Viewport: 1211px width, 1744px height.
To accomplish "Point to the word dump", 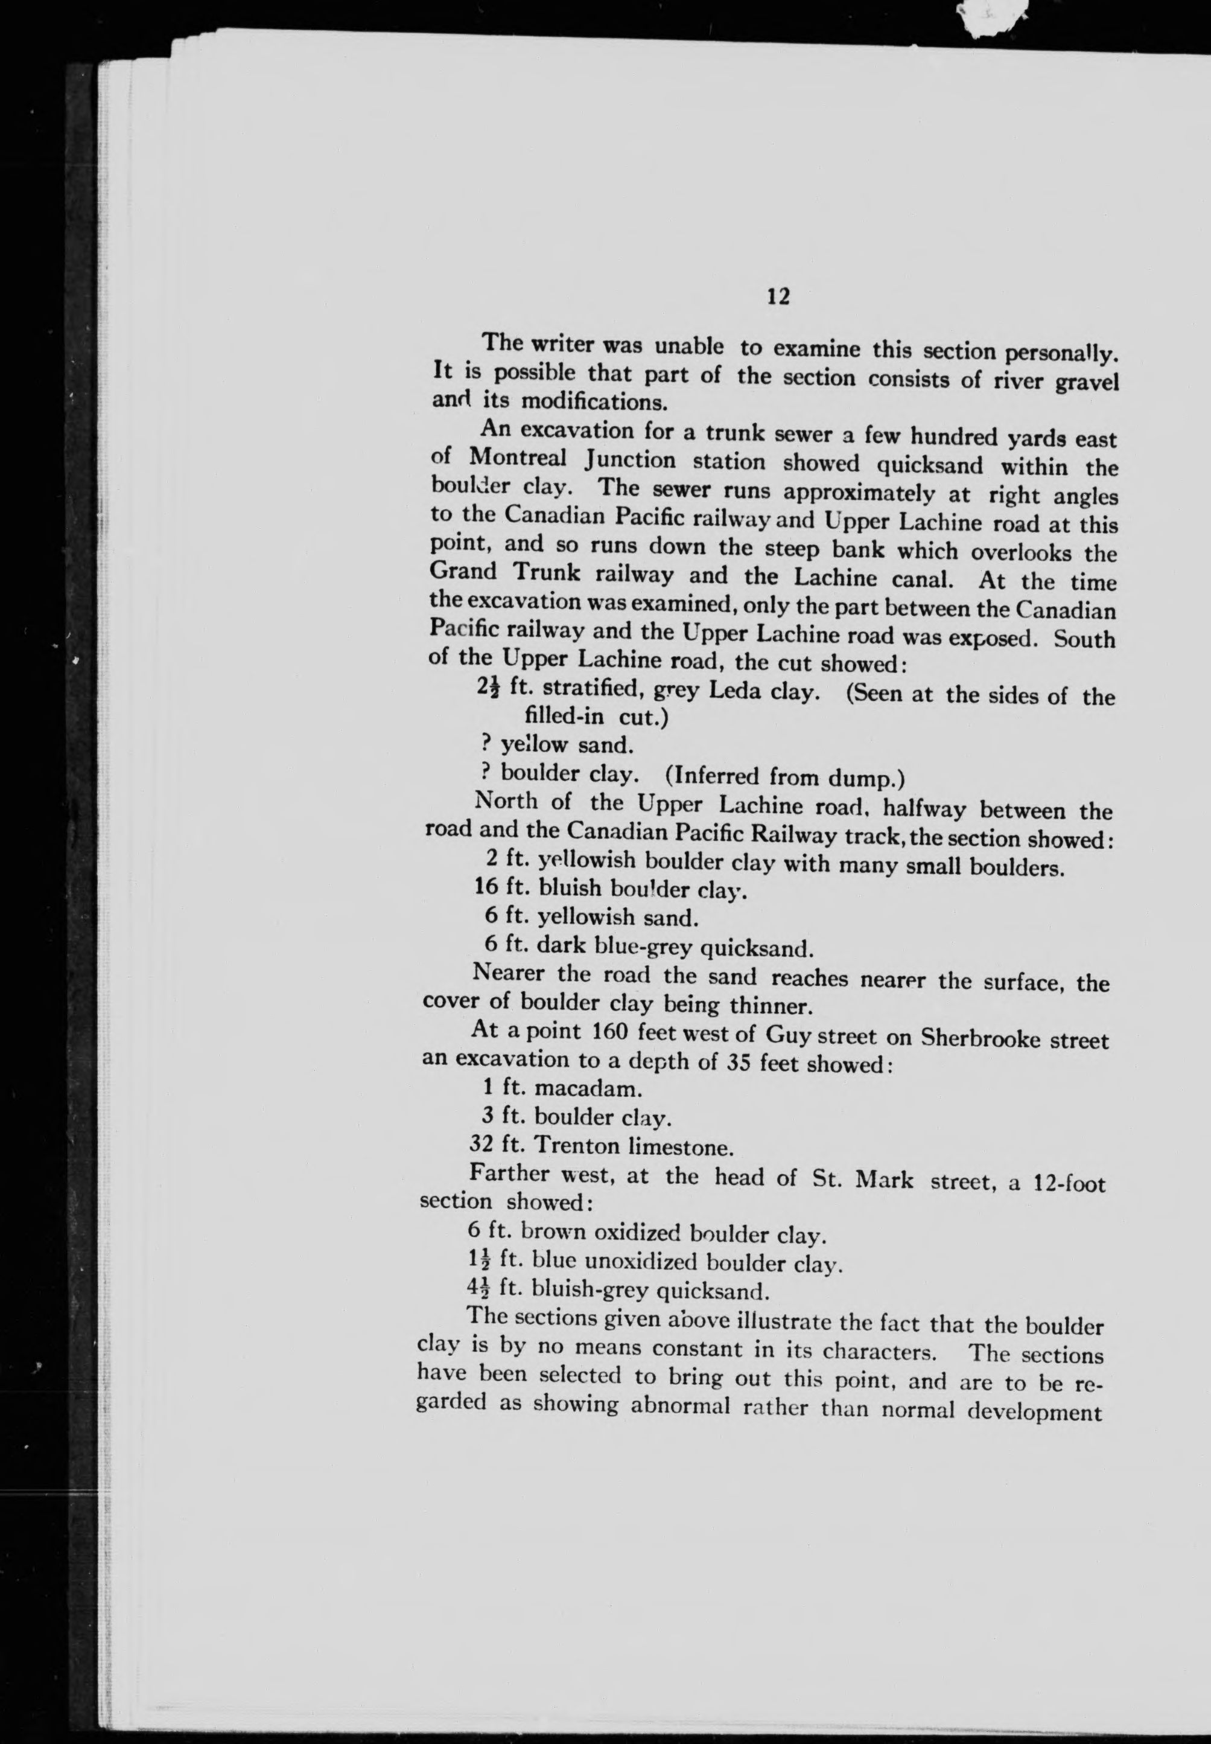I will click(866, 778).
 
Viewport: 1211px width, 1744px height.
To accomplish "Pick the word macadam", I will click(588, 1089).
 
